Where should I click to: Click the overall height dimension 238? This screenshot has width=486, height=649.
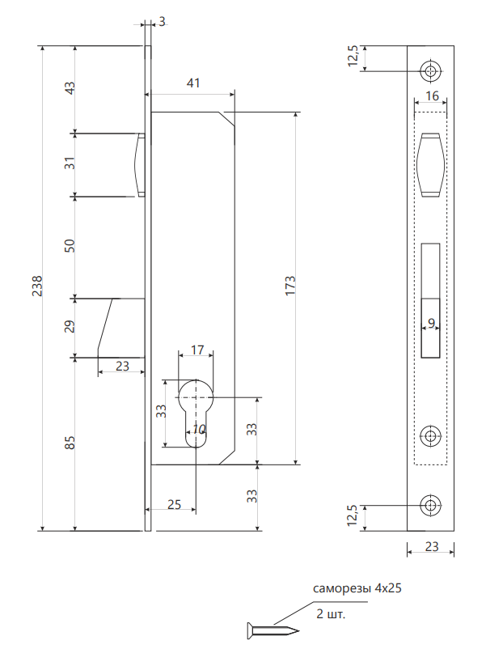(37, 287)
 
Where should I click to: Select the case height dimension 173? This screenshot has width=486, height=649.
(291, 287)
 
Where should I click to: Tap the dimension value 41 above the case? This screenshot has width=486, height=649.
(192, 83)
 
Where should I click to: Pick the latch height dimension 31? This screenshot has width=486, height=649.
(70, 163)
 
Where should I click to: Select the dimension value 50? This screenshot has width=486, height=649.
(70, 246)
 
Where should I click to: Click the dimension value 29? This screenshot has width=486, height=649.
(70, 327)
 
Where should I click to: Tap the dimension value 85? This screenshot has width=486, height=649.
(70, 443)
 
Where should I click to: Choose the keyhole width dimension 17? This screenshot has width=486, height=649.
(197, 350)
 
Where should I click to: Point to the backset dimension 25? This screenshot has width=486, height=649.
(174, 504)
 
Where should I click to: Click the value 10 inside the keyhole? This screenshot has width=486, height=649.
(200, 429)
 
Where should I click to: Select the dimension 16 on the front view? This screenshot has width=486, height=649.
(431, 96)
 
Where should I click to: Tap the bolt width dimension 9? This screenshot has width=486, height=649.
(431, 323)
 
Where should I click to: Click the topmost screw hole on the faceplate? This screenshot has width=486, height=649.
(430, 70)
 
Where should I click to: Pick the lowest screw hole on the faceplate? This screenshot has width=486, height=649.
(430, 507)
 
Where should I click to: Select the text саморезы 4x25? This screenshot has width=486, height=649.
(357, 588)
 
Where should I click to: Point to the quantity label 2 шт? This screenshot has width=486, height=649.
(331, 614)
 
